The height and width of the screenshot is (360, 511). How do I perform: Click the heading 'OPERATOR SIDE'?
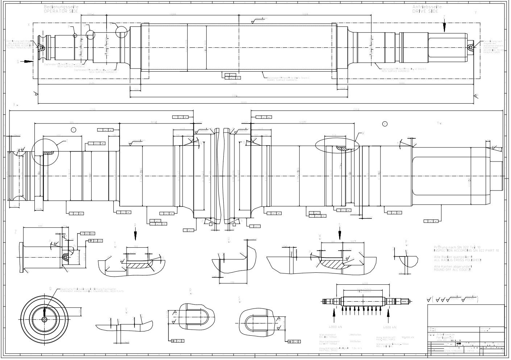(61, 11)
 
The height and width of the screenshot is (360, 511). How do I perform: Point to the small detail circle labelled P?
(75, 35)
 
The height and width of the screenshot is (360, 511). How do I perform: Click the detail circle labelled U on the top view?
(90, 35)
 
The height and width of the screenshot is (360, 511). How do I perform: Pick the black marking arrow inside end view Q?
(45, 313)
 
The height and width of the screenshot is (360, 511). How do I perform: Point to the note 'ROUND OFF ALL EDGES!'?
(452, 270)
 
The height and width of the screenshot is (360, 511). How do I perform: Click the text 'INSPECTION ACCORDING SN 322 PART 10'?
(466, 251)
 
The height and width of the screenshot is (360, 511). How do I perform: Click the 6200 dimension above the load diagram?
(365, 283)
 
